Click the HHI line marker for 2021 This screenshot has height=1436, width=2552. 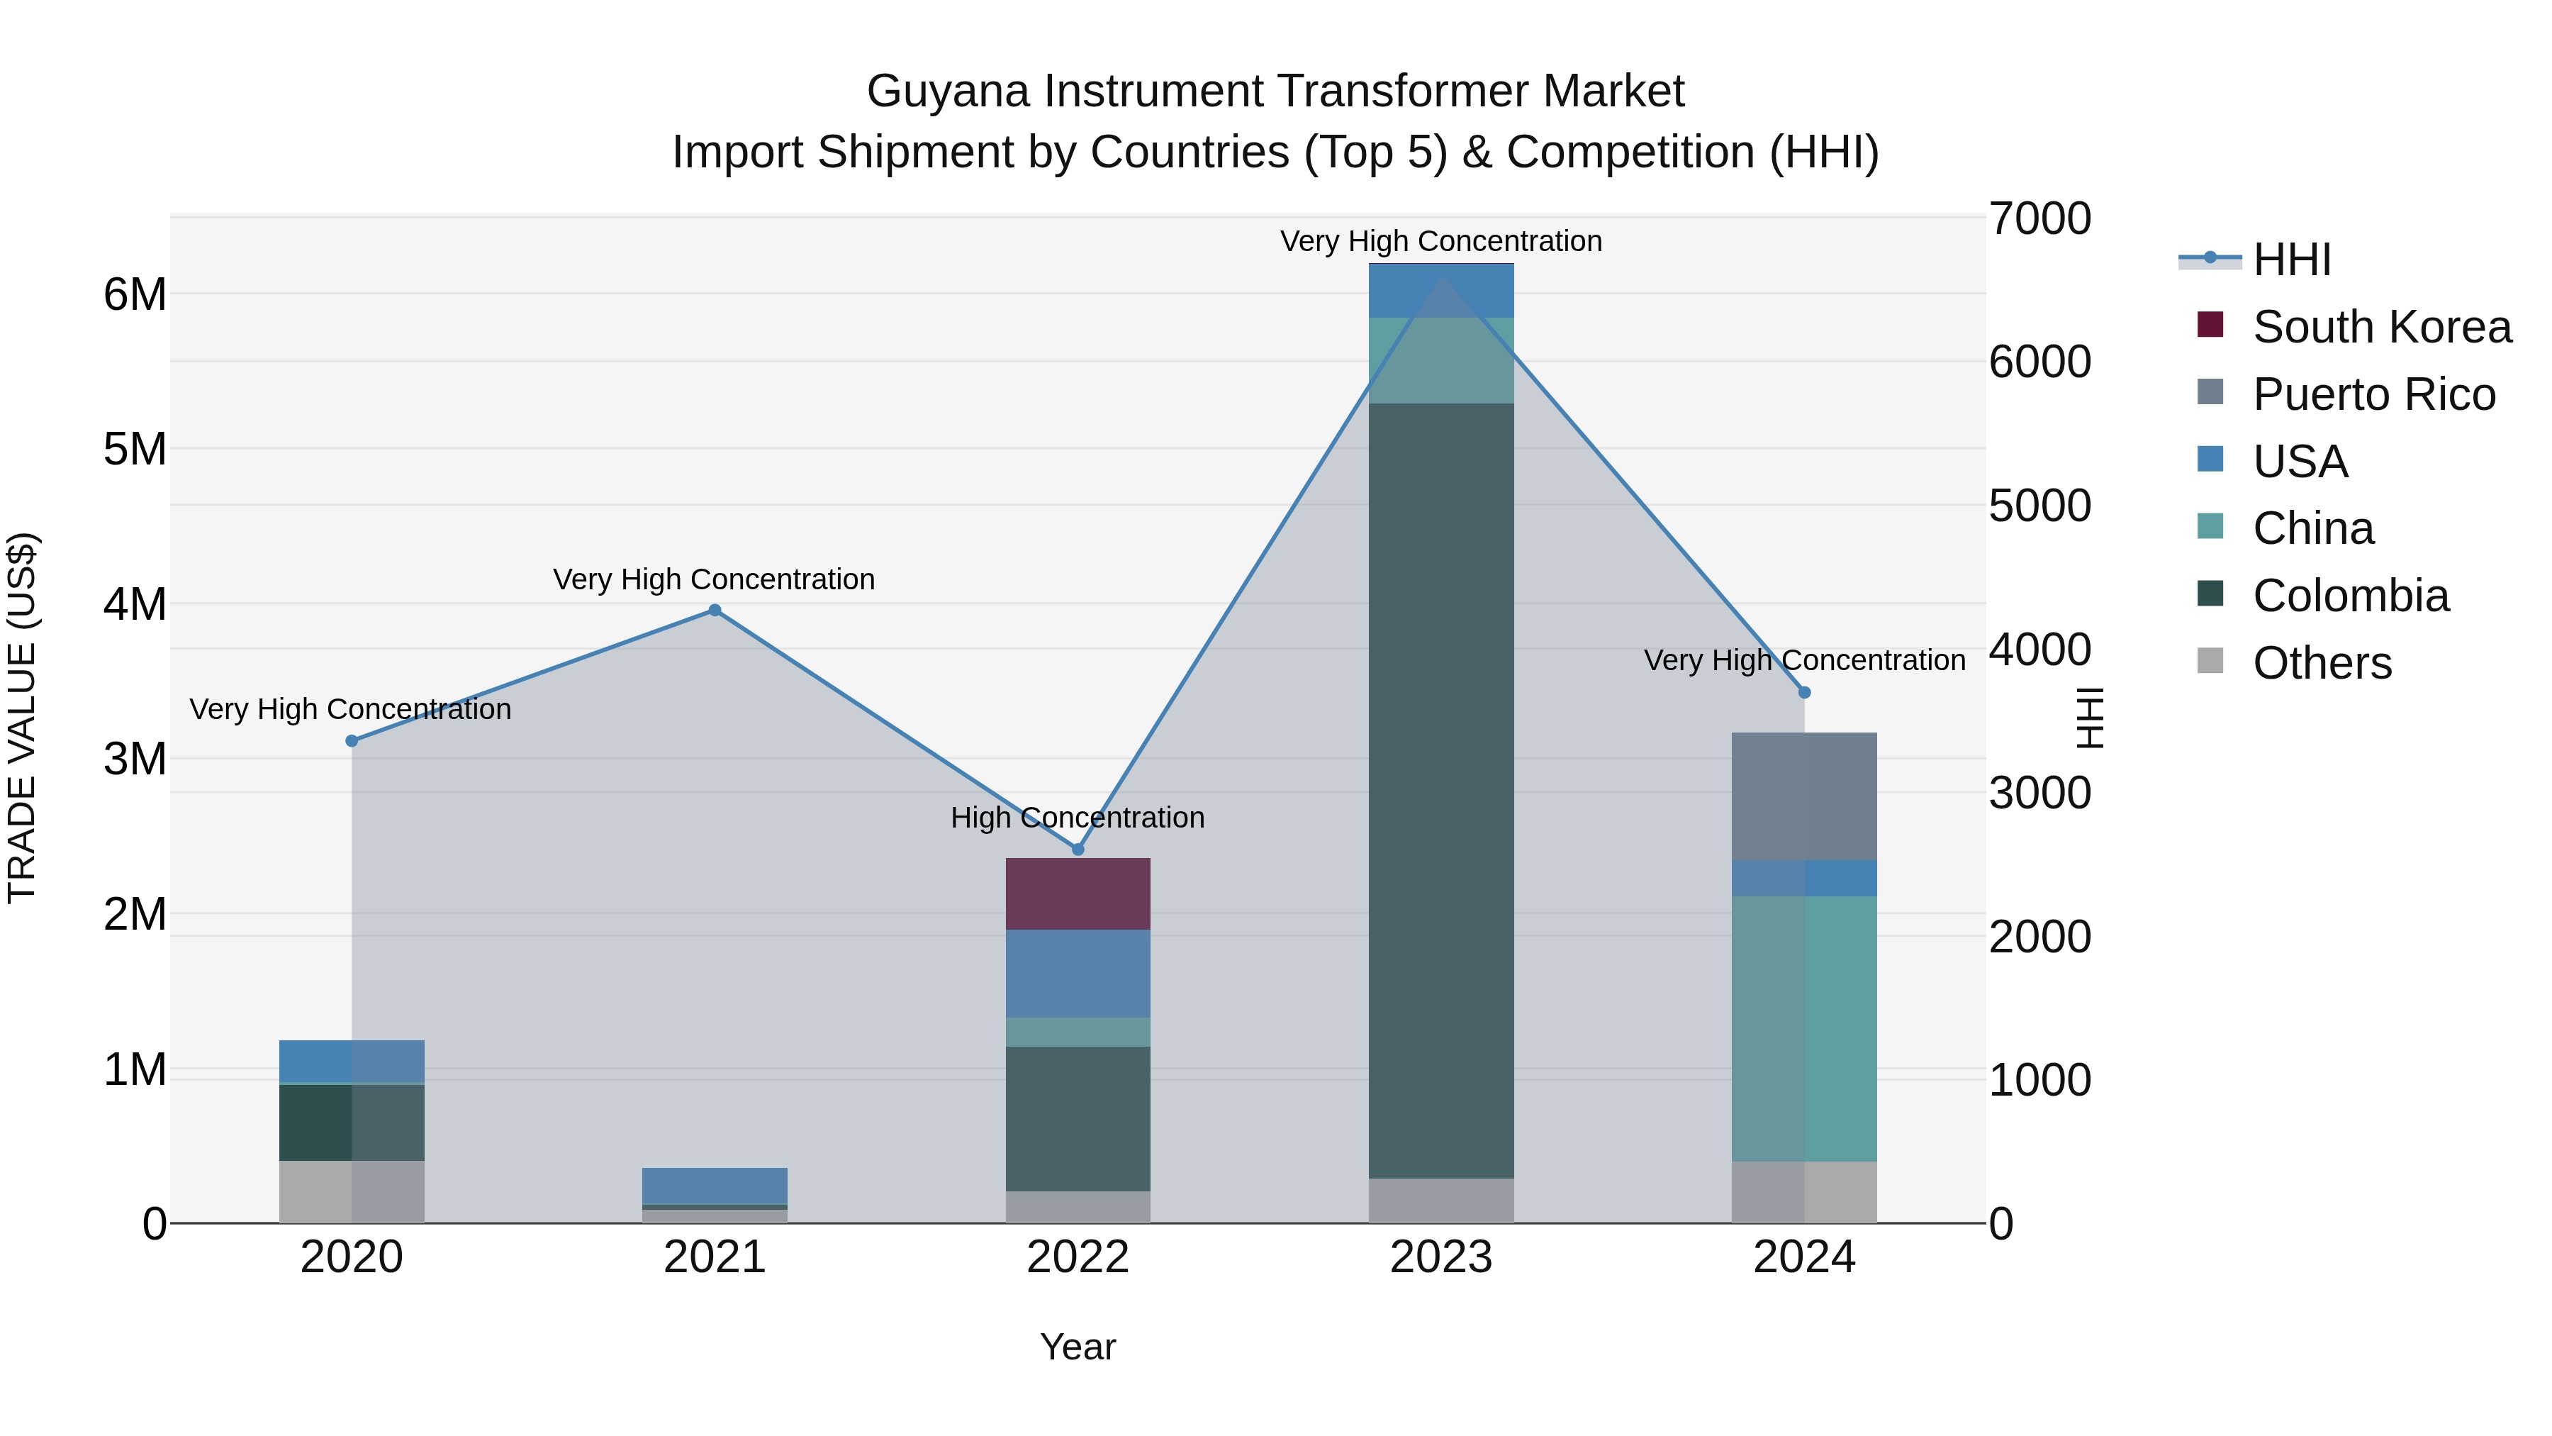715,611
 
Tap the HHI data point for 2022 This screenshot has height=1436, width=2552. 1078,850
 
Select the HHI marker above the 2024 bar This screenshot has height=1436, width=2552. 1804,693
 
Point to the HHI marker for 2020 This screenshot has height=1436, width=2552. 352,741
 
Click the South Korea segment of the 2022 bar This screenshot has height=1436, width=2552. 1078,894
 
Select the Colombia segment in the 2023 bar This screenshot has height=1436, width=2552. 1440,791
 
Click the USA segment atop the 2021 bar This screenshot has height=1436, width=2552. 715,1185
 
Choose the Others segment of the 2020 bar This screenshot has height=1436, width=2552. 352,1191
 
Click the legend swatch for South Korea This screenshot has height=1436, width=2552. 2210,325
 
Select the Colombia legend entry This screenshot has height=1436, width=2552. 2350,596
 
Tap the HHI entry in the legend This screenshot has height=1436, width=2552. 2291,260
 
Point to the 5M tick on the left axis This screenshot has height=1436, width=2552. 135,449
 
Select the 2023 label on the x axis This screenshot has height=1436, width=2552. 1440,1257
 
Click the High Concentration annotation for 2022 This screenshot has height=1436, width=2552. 1078,818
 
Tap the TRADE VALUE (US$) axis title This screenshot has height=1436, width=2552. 22,718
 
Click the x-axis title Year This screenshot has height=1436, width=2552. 1078,1347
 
